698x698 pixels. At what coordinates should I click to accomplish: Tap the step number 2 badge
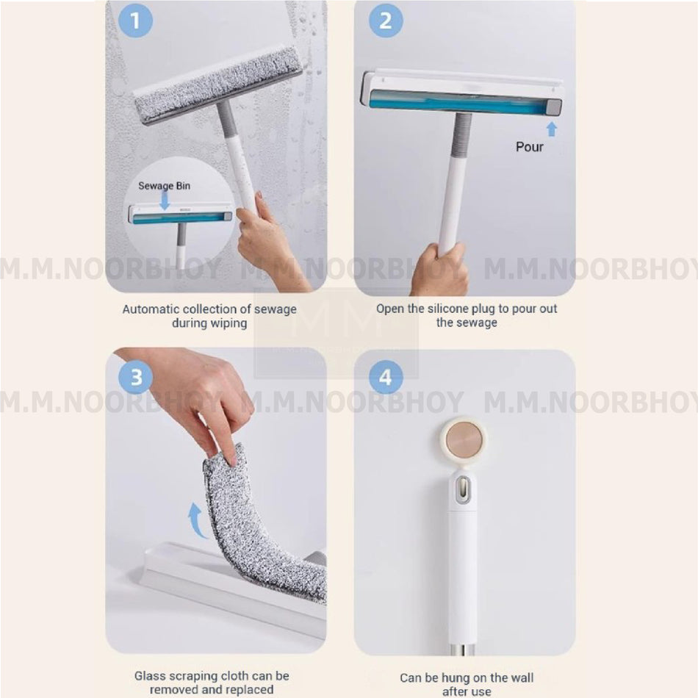(x=386, y=21)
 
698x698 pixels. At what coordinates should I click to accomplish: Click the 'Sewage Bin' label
(x=164, y=186)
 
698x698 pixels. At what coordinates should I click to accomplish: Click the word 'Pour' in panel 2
(x=529, y=147)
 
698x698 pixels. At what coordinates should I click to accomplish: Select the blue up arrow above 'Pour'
(x=551, y=129)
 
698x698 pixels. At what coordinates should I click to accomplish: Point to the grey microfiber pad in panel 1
(x=217, y=83)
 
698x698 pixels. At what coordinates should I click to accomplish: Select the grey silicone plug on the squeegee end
(x=554, y=107)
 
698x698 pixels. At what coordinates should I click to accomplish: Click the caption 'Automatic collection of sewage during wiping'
(x=209, y=316)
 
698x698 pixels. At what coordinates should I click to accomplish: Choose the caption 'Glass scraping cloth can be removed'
(x=212, y=682)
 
